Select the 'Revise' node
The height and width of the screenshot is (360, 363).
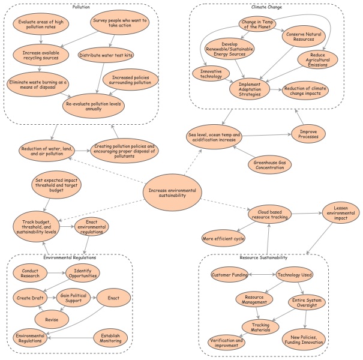(x=52, y=319)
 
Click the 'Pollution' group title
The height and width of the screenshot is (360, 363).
(x=81, y=7)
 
